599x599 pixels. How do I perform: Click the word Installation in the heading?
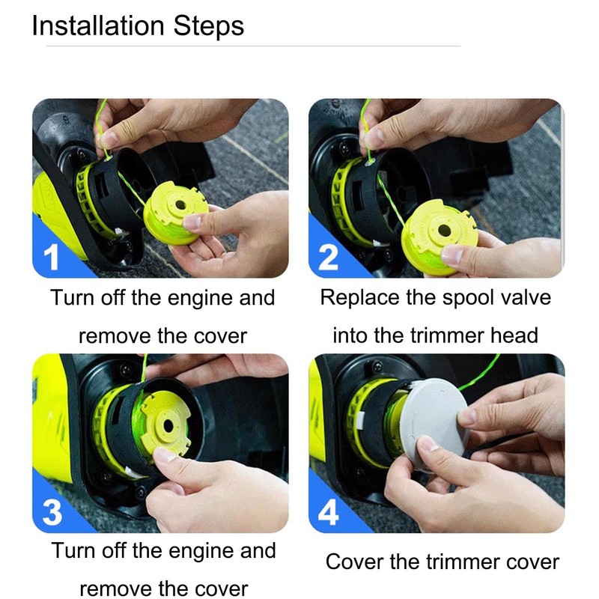98,25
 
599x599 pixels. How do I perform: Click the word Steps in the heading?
209,27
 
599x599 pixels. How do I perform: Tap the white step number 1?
51,257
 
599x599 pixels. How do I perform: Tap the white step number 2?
328,257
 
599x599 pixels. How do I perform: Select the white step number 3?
52,512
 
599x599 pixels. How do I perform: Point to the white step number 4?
328,512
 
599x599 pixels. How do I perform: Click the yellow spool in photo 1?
176,214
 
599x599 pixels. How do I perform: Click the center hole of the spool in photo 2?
444,231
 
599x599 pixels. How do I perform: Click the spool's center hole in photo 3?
168,425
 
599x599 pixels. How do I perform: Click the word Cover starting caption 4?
353,562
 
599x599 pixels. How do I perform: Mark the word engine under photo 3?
201,552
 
